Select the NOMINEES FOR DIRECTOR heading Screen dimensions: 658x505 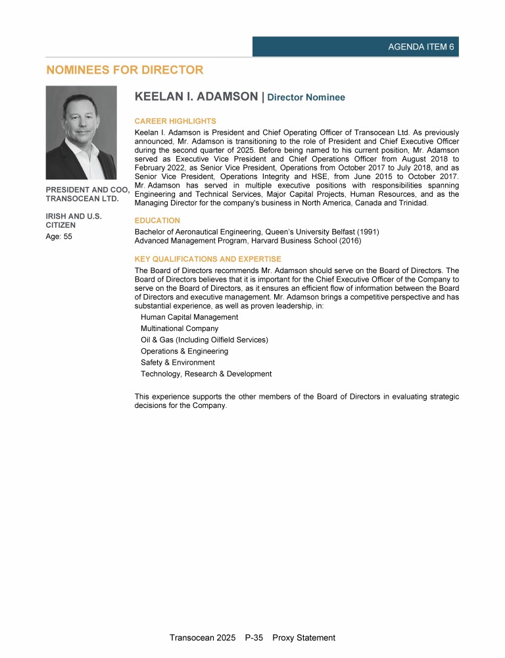[x=124, y=70]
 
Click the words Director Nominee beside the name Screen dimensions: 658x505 [x=306, y=97]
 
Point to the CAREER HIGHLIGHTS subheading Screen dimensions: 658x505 [x=175, y=121]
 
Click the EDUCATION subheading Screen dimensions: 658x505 [x=157, y=220]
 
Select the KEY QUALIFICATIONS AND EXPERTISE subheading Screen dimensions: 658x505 [x=207, y=259]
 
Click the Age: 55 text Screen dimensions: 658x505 [x=59, y=237]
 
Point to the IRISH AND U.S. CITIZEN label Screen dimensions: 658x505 [x=74, y=220]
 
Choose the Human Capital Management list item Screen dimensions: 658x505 [x=189, y=317]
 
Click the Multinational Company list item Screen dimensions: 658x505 [x=180, y=328]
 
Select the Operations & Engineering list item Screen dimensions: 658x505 [x=184, y=351]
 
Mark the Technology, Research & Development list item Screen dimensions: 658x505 [x=206, y=374]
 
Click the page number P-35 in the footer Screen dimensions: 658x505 [x=254, y=638]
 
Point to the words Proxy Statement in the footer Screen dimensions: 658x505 [x=303, y=638]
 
